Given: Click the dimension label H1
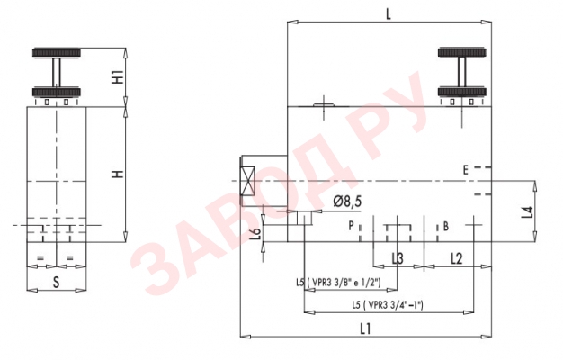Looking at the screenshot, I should coord(118,76).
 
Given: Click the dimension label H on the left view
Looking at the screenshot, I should coord(118,172).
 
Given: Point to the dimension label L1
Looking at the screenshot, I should coord(365,328).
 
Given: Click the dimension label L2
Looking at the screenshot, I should coord(456,259).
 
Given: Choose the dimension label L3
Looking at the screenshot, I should coord(397,259).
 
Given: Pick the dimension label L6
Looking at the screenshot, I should coord(255,232).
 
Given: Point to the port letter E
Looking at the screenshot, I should coord(466,169).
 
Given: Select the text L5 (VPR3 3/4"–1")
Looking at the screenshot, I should coord(388,306).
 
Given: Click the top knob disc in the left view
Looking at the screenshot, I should coord(57,54).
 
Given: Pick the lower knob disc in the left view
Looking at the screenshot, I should coord(57,92).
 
